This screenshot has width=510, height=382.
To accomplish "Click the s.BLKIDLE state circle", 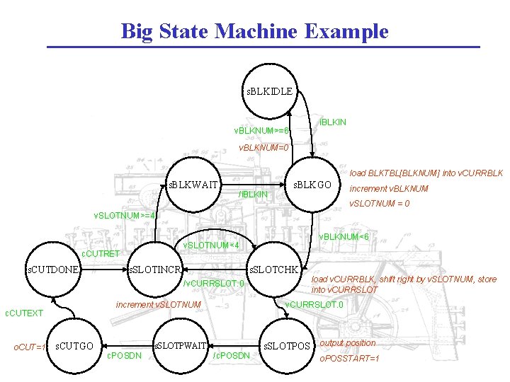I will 269,91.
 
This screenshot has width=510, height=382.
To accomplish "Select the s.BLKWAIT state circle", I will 192,185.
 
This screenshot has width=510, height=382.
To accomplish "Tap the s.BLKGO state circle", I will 313,185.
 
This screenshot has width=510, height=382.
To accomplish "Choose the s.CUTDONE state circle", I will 52,269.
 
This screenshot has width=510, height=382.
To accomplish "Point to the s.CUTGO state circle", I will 74,345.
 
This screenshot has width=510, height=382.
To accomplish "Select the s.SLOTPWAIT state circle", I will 181,345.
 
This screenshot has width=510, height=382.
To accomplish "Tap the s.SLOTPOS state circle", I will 287,345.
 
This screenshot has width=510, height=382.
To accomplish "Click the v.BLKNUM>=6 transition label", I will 261,131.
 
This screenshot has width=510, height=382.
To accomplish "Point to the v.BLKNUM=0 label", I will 263,148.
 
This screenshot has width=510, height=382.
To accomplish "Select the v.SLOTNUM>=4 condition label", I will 124,215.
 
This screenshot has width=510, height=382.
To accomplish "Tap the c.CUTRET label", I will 101,253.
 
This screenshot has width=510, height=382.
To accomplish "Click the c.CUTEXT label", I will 24,313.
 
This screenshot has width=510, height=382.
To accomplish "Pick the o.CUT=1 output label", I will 30,347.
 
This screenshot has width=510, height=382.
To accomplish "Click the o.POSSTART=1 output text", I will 349,359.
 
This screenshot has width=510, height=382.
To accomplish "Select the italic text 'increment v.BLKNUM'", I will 389,189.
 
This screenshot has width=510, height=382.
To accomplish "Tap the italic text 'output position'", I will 347,343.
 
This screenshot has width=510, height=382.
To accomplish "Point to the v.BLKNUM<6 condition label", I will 344,236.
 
